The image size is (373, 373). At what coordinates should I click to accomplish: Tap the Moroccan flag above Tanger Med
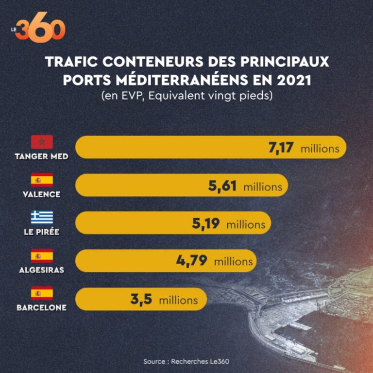click(x=42, y=142)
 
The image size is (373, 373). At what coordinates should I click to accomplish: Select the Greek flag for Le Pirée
click(x=42, y=218)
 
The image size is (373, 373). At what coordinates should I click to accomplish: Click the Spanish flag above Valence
click(x=42, y=180)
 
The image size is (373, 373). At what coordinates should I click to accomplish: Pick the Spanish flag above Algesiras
click(x=42, y=255)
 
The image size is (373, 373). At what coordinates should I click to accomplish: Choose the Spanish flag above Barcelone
click(x=42, y=293)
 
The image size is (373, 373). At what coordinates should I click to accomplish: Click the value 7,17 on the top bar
click(x=281, y=148)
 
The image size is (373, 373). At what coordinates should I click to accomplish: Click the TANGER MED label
click(x=42, y=156)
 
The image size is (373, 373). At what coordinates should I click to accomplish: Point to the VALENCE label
click(x=41, y=194)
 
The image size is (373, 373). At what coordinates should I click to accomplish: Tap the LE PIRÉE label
click(x=41, y=232)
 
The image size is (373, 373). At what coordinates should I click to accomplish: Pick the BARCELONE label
click(x=41, y=307)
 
